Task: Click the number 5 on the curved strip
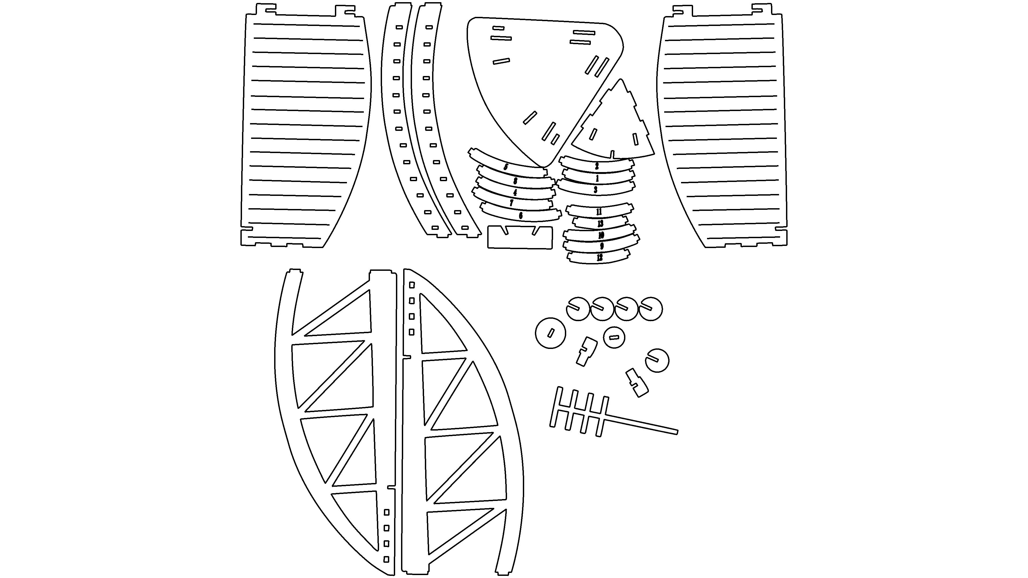506,167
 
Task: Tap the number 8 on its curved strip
515,181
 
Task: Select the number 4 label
515,193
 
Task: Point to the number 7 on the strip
512,203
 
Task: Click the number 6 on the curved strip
521,216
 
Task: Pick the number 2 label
597,166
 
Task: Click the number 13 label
600,224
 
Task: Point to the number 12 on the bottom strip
599,258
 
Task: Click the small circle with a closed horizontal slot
614,337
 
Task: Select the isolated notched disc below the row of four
657,361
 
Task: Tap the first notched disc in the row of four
578,309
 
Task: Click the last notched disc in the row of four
651,309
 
